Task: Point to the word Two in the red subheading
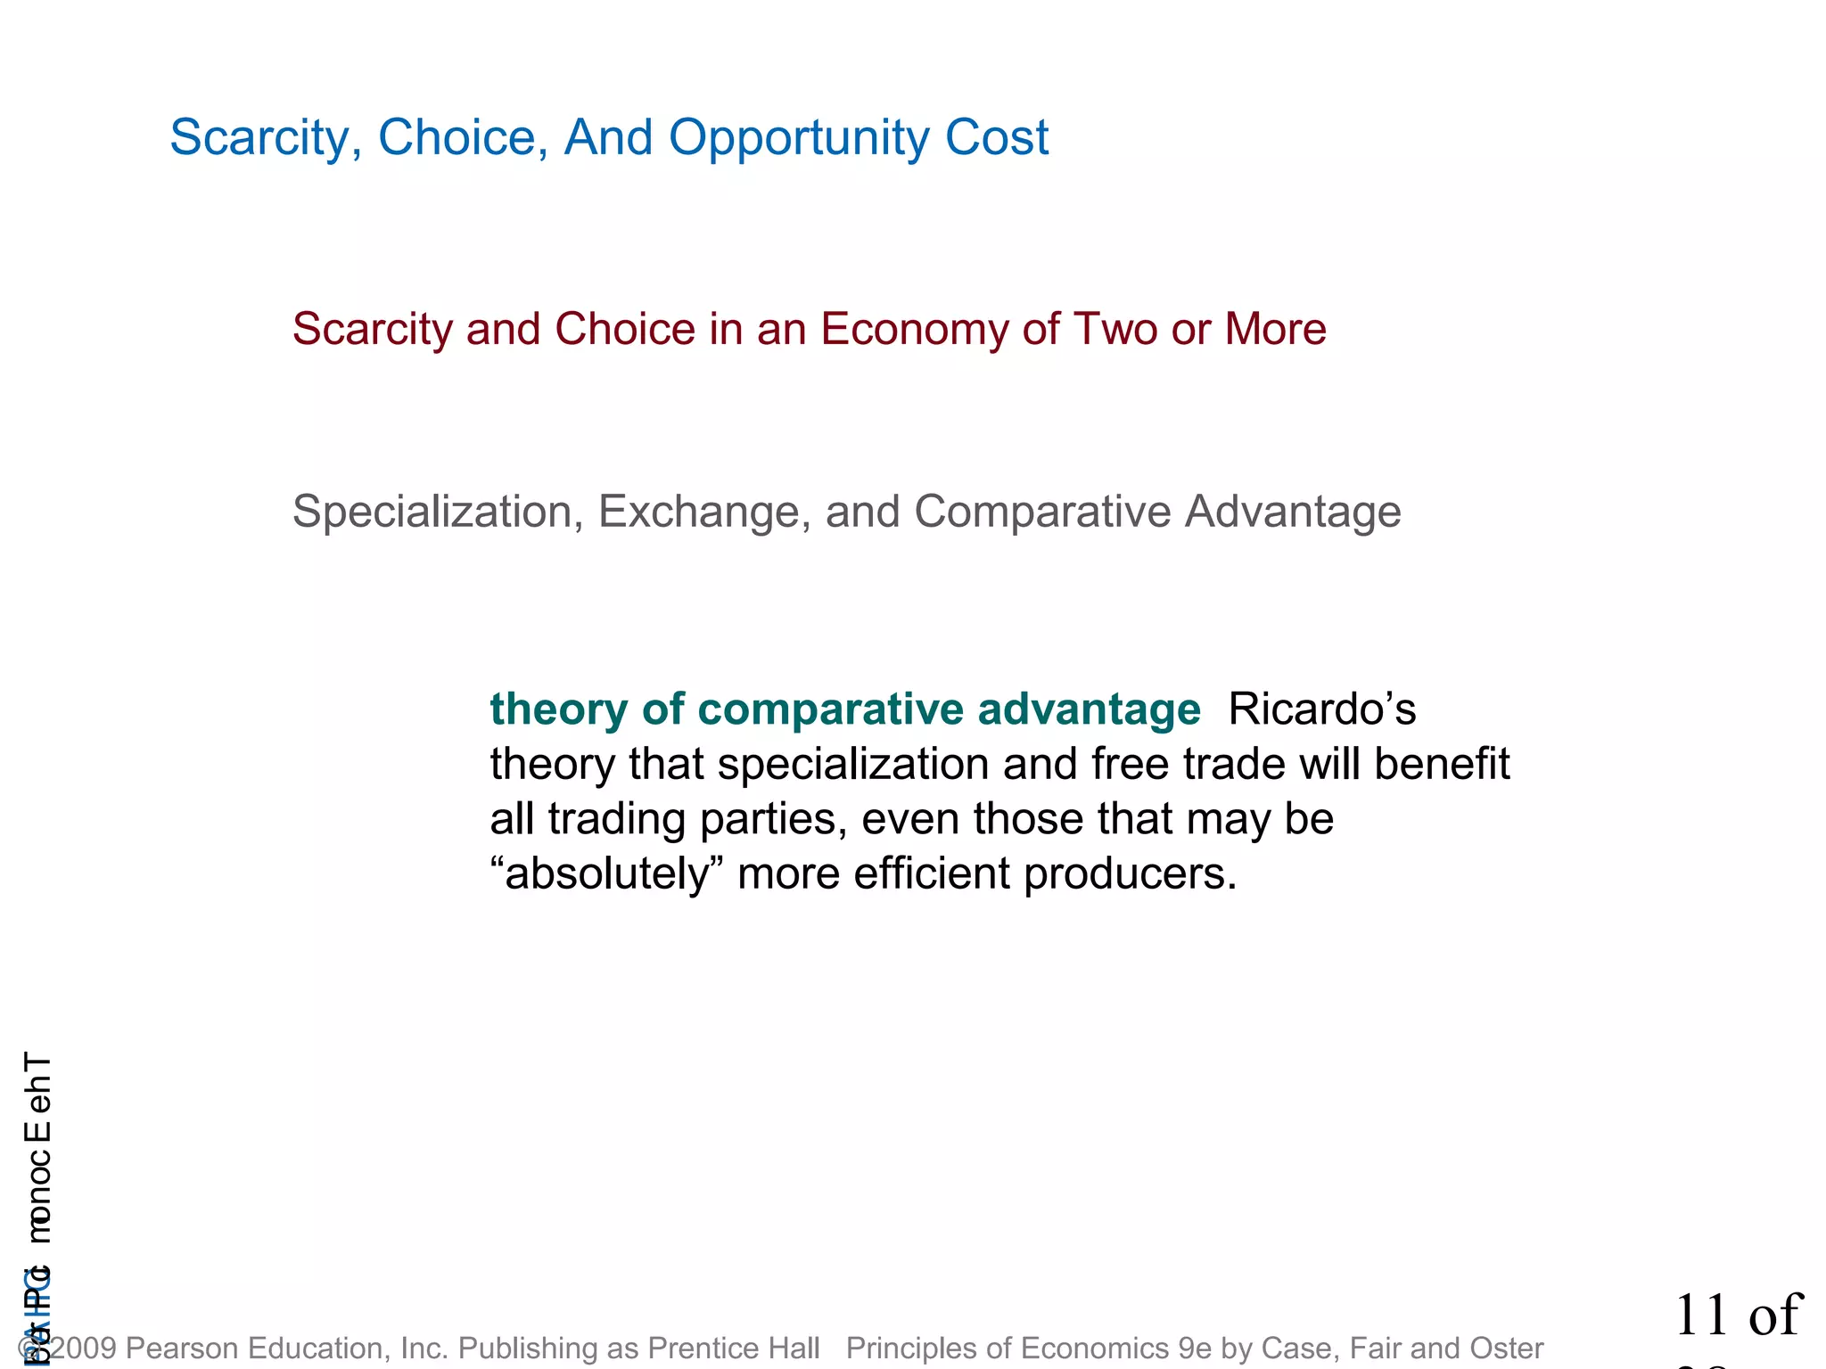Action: [1115, 329]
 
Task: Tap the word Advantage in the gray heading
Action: [1293, 512]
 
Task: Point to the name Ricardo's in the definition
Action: [1321, 709]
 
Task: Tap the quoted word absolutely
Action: [606, 873]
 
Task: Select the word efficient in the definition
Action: [932, 873]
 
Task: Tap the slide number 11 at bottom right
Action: [1702, 1316]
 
